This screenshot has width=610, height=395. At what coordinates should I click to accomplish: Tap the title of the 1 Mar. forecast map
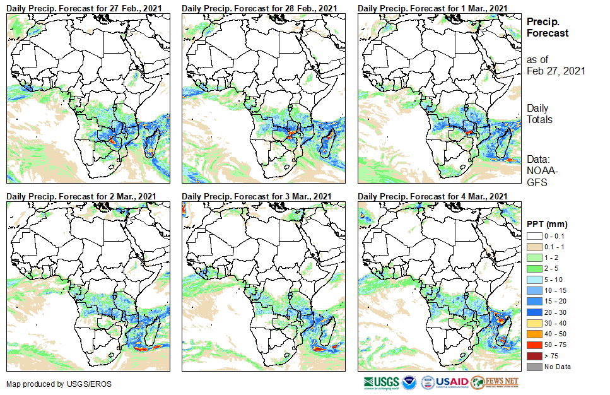[x=432, y=7]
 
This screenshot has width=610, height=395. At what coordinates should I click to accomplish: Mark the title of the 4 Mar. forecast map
[x=432, y=197]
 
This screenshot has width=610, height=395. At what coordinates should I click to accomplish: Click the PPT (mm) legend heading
[x=547, y=223]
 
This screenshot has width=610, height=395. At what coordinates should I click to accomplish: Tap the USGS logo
[x=381, y=382]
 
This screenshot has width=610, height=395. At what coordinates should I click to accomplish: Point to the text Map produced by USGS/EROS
[x=51, y=384]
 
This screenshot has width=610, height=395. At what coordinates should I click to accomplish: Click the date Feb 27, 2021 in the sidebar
[x=556, y=71]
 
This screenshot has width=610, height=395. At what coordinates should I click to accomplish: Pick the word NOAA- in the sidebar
[x=541, y=171]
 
